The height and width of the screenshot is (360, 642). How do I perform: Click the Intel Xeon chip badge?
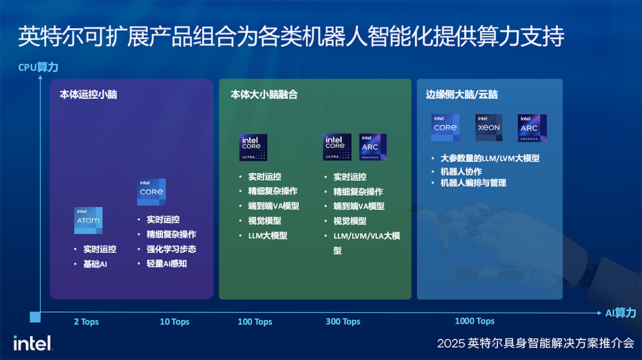(489, 128)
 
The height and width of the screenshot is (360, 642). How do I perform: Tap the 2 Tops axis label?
(86, 321)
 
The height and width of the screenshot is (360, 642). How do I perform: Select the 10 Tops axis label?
(175, 321)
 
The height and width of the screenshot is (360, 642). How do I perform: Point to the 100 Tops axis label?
(255, 321)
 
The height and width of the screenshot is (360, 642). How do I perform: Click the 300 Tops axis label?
(343, 321)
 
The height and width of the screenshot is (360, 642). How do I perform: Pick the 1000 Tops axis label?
(474, 321)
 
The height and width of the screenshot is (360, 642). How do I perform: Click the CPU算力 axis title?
(38, 67)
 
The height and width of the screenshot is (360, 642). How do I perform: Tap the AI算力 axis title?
(620, 313)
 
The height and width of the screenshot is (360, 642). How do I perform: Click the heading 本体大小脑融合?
(264, 94)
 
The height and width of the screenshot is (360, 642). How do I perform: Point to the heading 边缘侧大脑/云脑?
(462, 94)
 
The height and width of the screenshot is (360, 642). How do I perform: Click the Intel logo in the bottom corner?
(33, 343)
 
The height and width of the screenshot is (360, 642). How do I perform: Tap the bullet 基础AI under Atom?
(95, 264)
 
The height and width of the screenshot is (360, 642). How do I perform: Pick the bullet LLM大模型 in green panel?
(268, 236)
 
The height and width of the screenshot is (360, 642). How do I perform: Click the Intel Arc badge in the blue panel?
(532, 128)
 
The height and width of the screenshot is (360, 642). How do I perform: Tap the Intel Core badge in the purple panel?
(152, 192)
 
